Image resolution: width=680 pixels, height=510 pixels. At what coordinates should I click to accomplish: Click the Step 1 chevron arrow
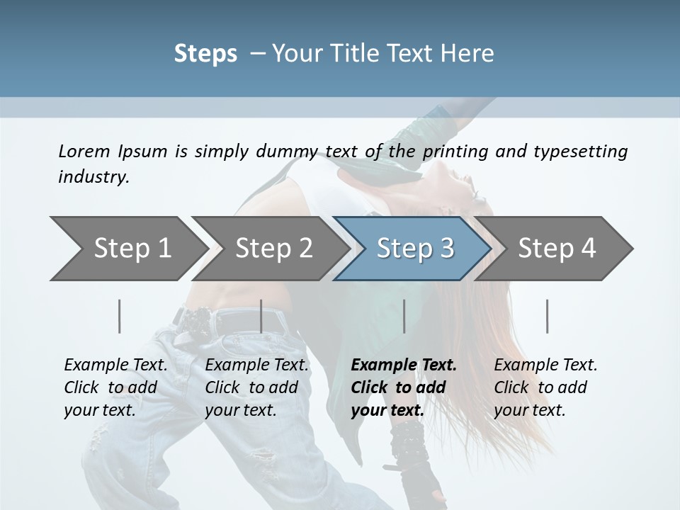pos(127,249)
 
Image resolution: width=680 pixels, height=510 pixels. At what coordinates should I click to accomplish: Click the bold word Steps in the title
pos(205,53)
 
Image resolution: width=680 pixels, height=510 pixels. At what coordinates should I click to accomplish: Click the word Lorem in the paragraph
pos(84,151)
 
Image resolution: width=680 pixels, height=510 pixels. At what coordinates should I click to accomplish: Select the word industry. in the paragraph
pos(93,176)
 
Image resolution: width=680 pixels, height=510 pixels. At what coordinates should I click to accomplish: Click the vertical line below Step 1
pos(120,316)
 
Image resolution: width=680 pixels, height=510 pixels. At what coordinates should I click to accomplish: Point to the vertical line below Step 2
pos(261,316)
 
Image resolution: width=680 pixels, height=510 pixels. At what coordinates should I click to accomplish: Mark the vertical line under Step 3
pos(404,316)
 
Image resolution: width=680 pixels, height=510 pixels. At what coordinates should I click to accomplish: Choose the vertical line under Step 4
pos(548,316)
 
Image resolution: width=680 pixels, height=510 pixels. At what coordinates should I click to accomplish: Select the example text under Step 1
pos(115,387)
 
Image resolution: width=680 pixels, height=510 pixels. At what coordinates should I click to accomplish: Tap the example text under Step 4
pos(545,387)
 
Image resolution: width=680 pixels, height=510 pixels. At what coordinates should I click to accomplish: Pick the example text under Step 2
pos(256,387)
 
